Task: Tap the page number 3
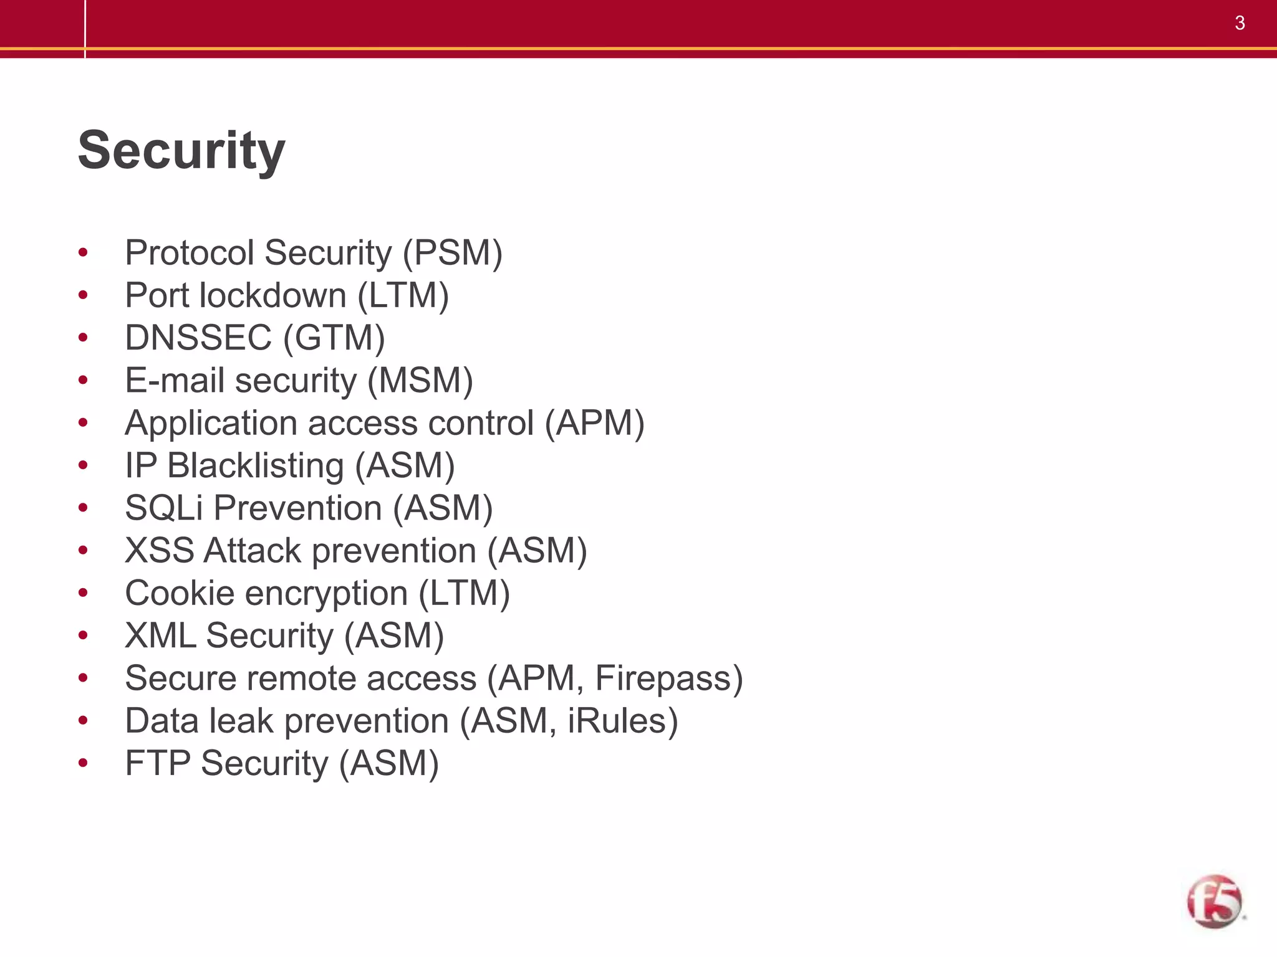[x=1240, y=23]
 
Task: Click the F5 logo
[x=1214, y=902]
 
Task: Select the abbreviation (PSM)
[x=452, y=253]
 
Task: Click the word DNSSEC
[x=198, y=338]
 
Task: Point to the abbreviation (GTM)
[x=334, y=338]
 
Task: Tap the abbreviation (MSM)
[x=420, y=380]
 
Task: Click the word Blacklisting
[x=256, y=465]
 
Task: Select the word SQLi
[x=164, y=508]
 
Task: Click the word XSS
[x=160, y=550]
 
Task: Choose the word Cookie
[x=180, y=593]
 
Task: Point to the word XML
[x=160, y=636]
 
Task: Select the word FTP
[x=158, y=763]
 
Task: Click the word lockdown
[x=272, y=295]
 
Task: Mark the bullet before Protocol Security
[x=83, y=253]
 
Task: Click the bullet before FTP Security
[x=83, y=763]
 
